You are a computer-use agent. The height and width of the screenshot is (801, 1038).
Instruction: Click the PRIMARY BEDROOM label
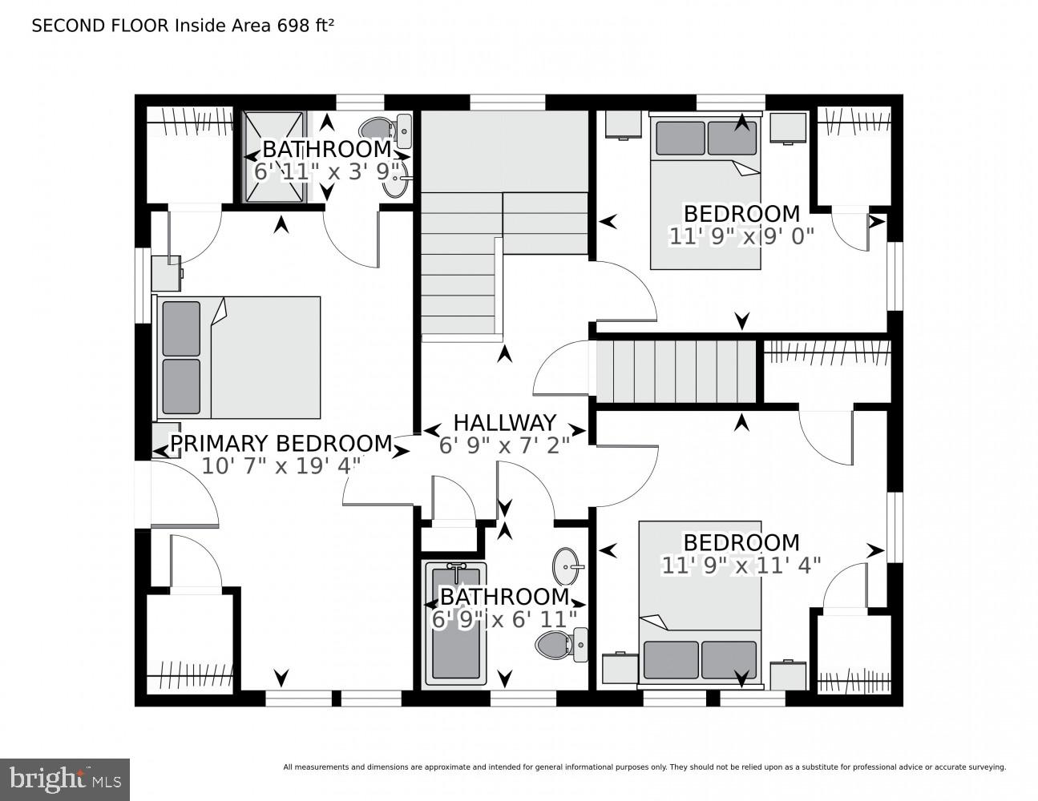[x=281, y=443]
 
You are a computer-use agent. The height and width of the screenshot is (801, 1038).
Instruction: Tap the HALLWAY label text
[x=504, y=422]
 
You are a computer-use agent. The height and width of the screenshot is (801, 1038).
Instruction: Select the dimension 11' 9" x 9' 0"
[x=741, y=235]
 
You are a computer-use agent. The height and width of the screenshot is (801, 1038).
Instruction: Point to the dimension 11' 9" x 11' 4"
[x=741, y=565]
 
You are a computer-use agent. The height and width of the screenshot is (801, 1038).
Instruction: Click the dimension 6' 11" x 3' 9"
[x=326, y=171]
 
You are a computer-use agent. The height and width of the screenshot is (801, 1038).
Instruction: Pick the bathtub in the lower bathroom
[x=456, y=623]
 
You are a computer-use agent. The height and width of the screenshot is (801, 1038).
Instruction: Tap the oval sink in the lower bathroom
[x=568, y=566]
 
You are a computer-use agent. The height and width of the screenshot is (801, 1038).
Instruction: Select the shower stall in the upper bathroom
[x=275, y=157]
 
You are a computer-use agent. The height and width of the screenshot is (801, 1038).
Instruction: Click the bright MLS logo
[x=65, y=779]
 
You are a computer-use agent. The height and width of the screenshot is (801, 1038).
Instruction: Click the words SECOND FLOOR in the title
[x=100, y=26]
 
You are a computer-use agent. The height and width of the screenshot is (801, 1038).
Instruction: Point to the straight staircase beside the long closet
[x=675, y=372]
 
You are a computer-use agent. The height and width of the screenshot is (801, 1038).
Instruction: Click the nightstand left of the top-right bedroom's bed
[x=624, y=125]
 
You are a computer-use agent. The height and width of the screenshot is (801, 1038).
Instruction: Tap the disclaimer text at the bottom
[x=644, y=767]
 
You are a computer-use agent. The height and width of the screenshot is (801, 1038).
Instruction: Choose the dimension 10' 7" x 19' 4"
[x=281, y=465]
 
